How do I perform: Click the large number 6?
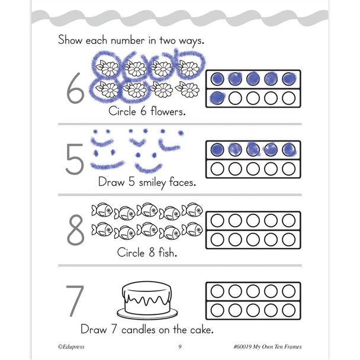coord(75,89)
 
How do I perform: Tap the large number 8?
coord(75,230)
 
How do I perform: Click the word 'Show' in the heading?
coord(71,41)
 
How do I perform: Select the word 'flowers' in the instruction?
coord(171,111)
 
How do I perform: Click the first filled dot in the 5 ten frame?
coord(217,149)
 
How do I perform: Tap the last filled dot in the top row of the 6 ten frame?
coord(289,79)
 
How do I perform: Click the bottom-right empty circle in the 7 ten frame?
coord(289,310)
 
